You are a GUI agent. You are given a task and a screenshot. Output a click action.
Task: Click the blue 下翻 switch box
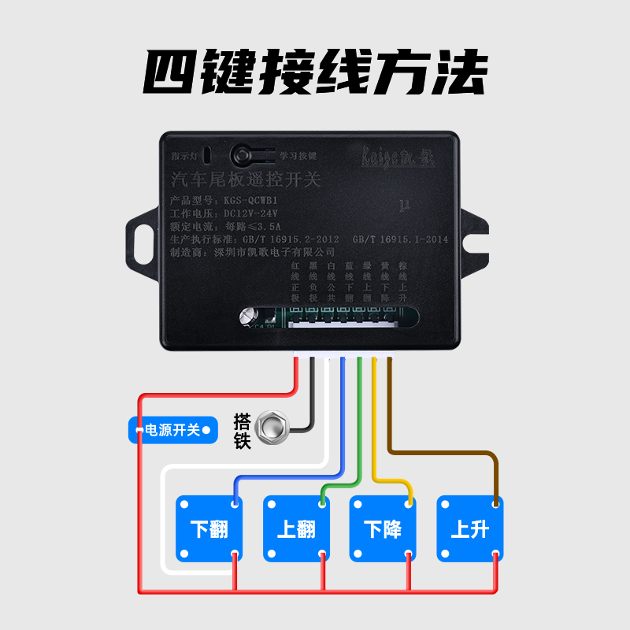coord(209,528)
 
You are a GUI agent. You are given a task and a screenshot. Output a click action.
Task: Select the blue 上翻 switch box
coord(296,528)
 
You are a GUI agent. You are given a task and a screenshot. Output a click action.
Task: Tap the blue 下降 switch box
coord(383,528)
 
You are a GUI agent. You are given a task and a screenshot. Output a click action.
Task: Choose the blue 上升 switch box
coord(469,528)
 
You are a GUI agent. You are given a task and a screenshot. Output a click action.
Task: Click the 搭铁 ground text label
coord(242,430)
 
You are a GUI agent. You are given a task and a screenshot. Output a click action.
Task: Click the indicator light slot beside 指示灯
coord(207,154)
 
